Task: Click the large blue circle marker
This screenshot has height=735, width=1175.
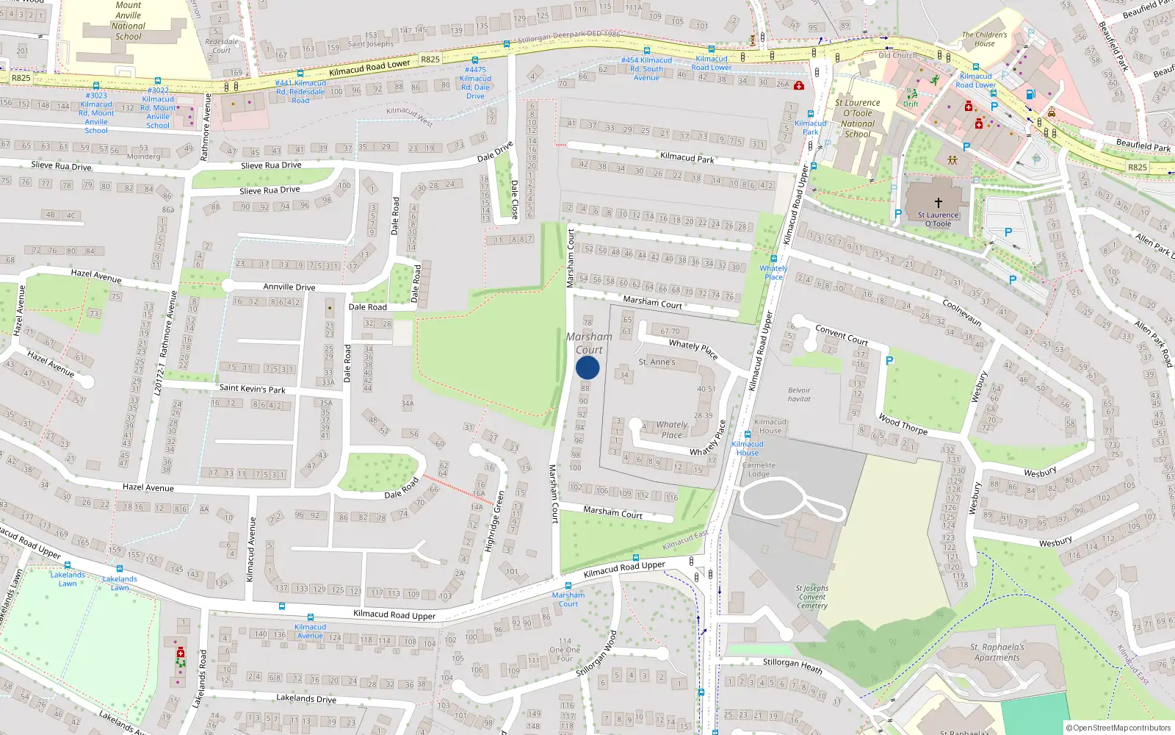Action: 587,367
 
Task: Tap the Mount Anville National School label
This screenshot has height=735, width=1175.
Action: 129,21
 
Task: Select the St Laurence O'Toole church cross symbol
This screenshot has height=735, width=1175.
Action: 938,203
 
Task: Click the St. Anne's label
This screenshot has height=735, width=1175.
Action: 657,362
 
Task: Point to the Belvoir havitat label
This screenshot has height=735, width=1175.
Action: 799,395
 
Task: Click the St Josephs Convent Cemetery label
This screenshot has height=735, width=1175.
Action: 812,597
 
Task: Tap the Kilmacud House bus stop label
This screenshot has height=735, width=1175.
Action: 748,448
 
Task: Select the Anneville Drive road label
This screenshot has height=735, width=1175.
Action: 289,287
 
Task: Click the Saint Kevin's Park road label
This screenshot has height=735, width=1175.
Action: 252,388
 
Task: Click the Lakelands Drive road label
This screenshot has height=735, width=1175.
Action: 306,698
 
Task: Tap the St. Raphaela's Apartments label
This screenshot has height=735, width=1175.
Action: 997,653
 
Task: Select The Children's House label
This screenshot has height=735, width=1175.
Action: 985,39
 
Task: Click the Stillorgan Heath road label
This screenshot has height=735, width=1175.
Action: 792,665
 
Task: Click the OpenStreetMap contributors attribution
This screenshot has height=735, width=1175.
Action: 1121,728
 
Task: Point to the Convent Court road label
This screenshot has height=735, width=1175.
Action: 842,336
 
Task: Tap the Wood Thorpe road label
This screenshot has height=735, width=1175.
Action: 903,424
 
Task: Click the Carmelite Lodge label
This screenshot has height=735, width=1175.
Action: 759,469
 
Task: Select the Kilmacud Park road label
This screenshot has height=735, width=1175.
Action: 687,157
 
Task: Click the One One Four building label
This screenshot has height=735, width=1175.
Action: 565,650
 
